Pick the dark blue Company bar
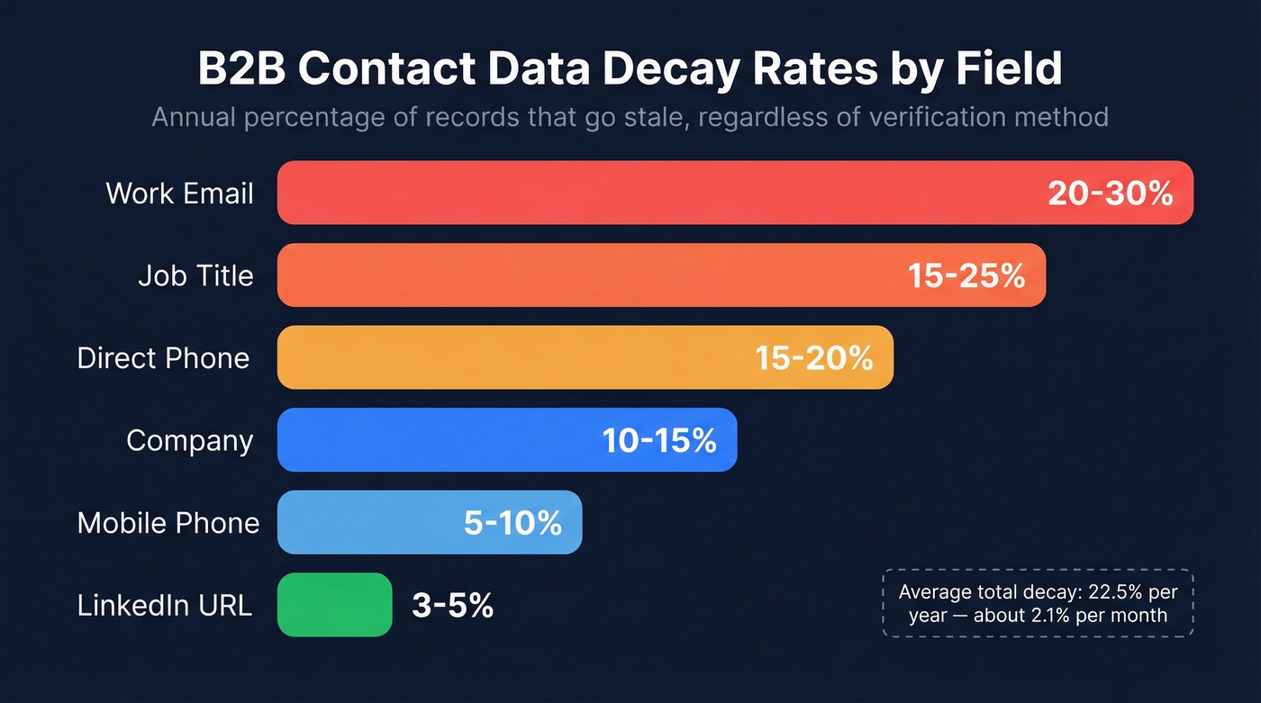[x=432, y=440]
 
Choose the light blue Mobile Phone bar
[x=360, y=523]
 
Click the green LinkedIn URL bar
[x=335, y=605]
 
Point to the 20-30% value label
[x=1110, y=193]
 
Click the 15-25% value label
[x=966, y=275]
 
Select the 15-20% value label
[x=814, y=357]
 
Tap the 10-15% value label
[x=659, y=440]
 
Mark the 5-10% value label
[x=513, y=523]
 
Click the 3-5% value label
[x=452, y=605]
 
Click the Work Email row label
[x=179, y=193]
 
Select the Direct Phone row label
[x=163, y=357]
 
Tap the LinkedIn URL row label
[x=164, y=605]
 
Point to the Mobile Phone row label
[x=168, y=523]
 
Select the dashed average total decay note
[x=1038, y=603]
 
